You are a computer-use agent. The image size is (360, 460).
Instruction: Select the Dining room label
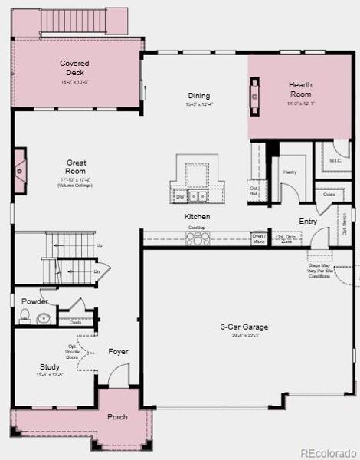tap(198, 96)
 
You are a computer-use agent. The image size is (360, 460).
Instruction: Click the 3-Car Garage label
tap(244, 327)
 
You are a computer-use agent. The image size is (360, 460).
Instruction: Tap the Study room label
tap(50, 367)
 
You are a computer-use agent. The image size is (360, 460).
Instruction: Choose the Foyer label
tap(118, 352)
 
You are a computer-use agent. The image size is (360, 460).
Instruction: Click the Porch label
tap(117, 417)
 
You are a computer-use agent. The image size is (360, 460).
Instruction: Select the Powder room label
tap(34, 301)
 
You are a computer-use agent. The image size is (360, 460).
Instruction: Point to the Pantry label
tap(289, 172)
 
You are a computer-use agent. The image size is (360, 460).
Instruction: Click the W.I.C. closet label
tap(335, 160)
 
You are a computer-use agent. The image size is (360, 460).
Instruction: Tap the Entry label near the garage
tap(308, 222)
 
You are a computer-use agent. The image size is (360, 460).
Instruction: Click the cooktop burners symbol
tap(196, 240)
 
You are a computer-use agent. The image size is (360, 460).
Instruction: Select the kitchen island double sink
tap(198, 196)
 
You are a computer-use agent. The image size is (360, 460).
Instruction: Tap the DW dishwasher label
tap(180, 197)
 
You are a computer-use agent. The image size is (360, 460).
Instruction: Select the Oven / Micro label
tap(258, 238)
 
